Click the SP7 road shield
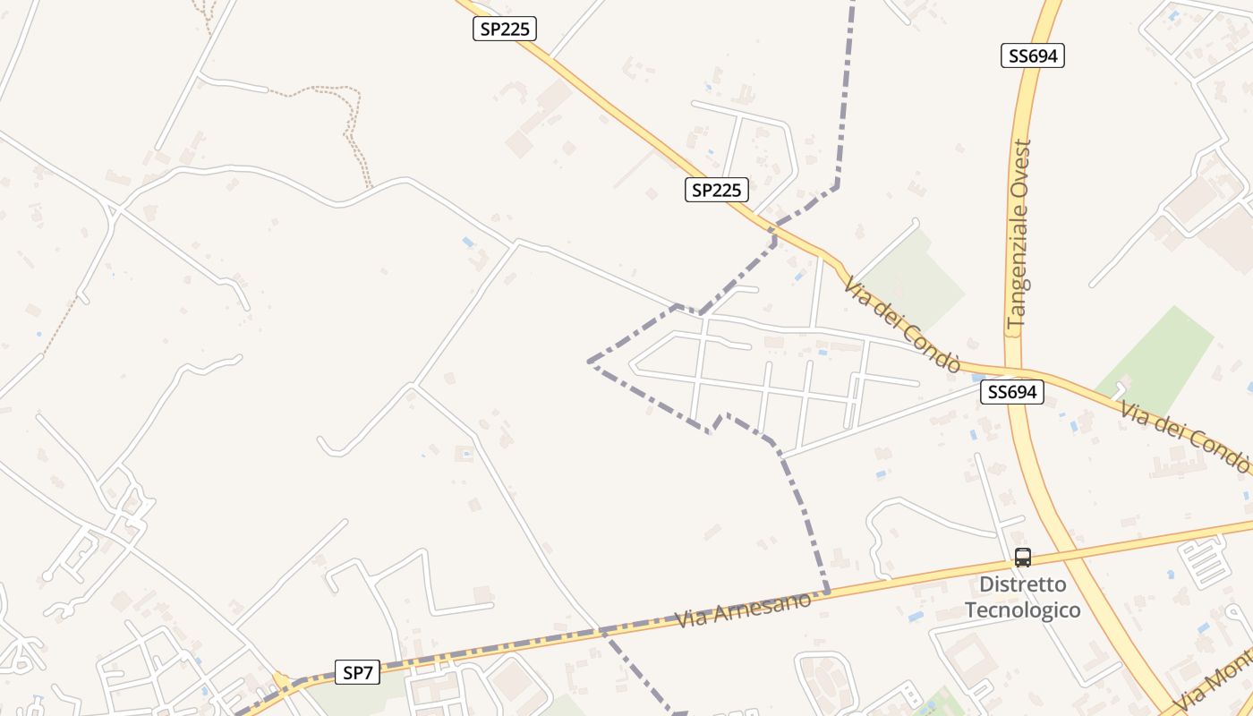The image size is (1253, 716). point(357,672)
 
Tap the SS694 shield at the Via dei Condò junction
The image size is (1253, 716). point(1011,392)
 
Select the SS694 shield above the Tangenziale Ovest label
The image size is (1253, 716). point(1032,55)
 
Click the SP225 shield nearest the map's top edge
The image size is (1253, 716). point(504,29)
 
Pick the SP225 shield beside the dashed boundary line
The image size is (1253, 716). point(716,190)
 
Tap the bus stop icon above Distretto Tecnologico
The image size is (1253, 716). point(1022,558)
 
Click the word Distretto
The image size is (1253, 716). point(1022,584)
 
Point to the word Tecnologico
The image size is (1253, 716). point(1022,610)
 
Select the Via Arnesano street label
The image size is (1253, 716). point(744,609)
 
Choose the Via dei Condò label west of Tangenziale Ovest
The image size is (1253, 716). point(902,324)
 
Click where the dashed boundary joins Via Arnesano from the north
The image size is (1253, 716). point(827,591)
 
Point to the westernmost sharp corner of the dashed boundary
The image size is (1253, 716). point(589,362)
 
